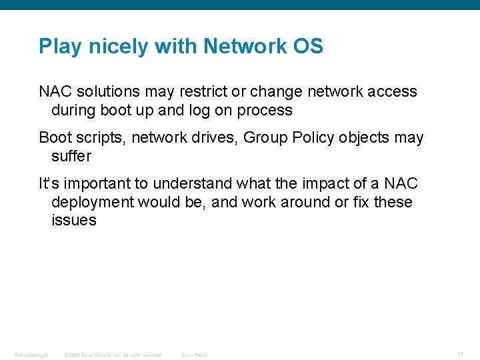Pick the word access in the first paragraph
click(393, 91)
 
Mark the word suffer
click(71, 156)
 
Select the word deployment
click(95, 201)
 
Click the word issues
click(74, 220)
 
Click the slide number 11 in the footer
click(461, 355)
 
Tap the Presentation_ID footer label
click(31, 355)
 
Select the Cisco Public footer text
click(195, 355)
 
